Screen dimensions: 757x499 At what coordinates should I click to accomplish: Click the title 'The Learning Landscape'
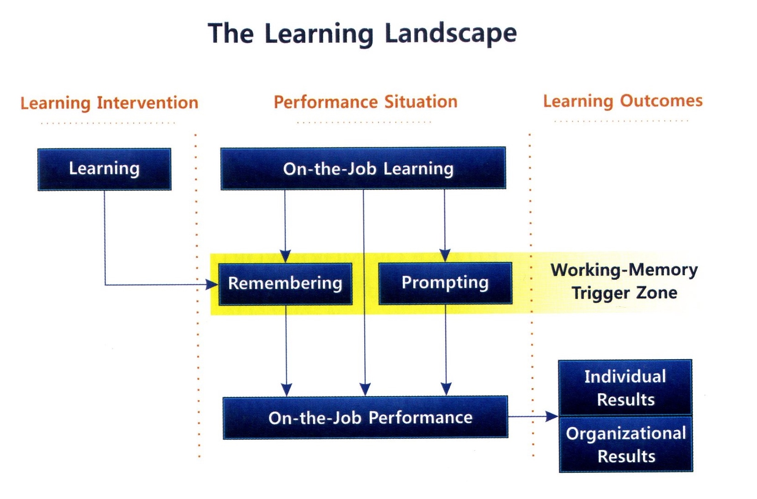click(362, 34)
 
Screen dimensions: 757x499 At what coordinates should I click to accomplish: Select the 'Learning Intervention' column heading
click(109, 103)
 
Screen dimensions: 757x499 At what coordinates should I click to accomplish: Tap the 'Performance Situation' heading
click(366, 102)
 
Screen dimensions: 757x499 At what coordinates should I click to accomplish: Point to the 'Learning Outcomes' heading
click(623, 101)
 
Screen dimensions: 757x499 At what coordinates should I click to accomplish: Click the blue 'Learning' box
click(104, 169)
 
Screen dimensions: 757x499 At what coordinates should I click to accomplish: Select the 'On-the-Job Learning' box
click(363, 168)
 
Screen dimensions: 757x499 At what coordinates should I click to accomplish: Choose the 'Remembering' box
click(285, 284)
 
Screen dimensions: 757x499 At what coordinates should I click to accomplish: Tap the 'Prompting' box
click(445, 283)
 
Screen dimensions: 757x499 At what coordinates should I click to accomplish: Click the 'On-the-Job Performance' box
click(365, 418)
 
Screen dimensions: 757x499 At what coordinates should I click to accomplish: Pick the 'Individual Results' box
click(625, 388)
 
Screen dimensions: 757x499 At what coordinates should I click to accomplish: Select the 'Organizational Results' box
click(626, 444)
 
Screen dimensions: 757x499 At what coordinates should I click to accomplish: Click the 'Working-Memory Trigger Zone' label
click(624, 281)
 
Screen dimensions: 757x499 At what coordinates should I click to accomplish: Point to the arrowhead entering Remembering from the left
click(212, 285)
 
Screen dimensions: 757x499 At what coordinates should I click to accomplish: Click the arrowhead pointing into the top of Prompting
click(445, 256)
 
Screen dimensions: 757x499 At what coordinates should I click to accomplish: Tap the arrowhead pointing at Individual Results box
click(552, 416)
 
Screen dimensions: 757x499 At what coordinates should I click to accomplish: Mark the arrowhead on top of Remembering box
click(286, 257)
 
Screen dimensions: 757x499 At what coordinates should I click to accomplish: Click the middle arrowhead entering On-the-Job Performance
click(365, 390)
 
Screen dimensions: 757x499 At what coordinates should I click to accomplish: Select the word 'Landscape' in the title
click(451, 34)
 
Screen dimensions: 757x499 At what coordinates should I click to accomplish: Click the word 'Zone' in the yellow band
click(657, 293)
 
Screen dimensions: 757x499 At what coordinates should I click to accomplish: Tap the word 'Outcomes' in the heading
click(661, 101)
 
